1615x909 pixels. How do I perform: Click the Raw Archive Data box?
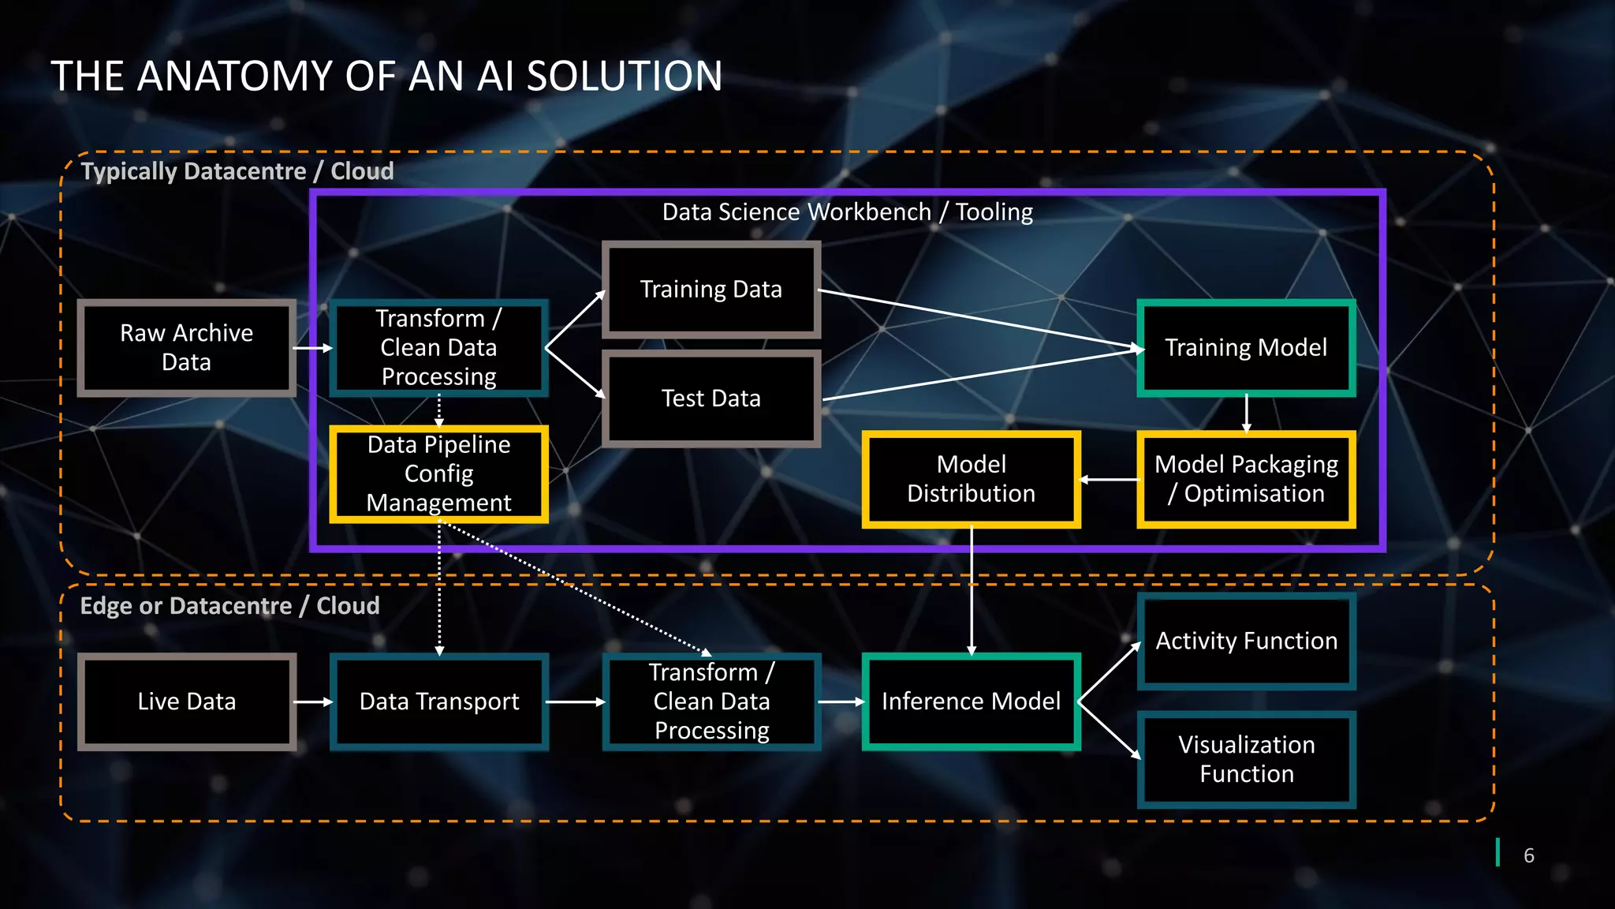[x=187, y=348]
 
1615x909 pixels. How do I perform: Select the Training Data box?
[x=711, y=290]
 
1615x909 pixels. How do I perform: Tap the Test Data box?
[x=711, y=398]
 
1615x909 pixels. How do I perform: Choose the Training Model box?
[x=1246, y=348]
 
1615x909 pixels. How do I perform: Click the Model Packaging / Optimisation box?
[x=1246, y=479]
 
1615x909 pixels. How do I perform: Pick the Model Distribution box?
[x=972, y=479]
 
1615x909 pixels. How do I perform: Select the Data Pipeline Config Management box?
[x=439, y=474]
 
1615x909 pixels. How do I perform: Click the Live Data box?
[x=187, y=701]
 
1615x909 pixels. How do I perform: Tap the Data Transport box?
[x=439, y=701]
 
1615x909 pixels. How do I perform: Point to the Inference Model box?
[x=972, y=701]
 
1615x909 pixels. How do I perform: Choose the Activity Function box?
[x=1246, y=642]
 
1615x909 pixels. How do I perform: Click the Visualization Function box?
[x=1246, y=760]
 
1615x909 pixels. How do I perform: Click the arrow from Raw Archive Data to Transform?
[x=313, y=348]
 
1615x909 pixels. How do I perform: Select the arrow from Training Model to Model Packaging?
[x=1246, y=413]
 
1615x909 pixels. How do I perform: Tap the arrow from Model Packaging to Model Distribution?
[x=1110, y=479]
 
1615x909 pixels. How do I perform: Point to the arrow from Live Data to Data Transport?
[x=313, y=701]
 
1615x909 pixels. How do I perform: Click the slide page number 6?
[x=1529, y=855]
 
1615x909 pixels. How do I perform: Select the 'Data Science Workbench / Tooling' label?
[x=847, y=212]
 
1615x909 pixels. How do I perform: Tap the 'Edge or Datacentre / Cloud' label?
[x=229, y=606]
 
